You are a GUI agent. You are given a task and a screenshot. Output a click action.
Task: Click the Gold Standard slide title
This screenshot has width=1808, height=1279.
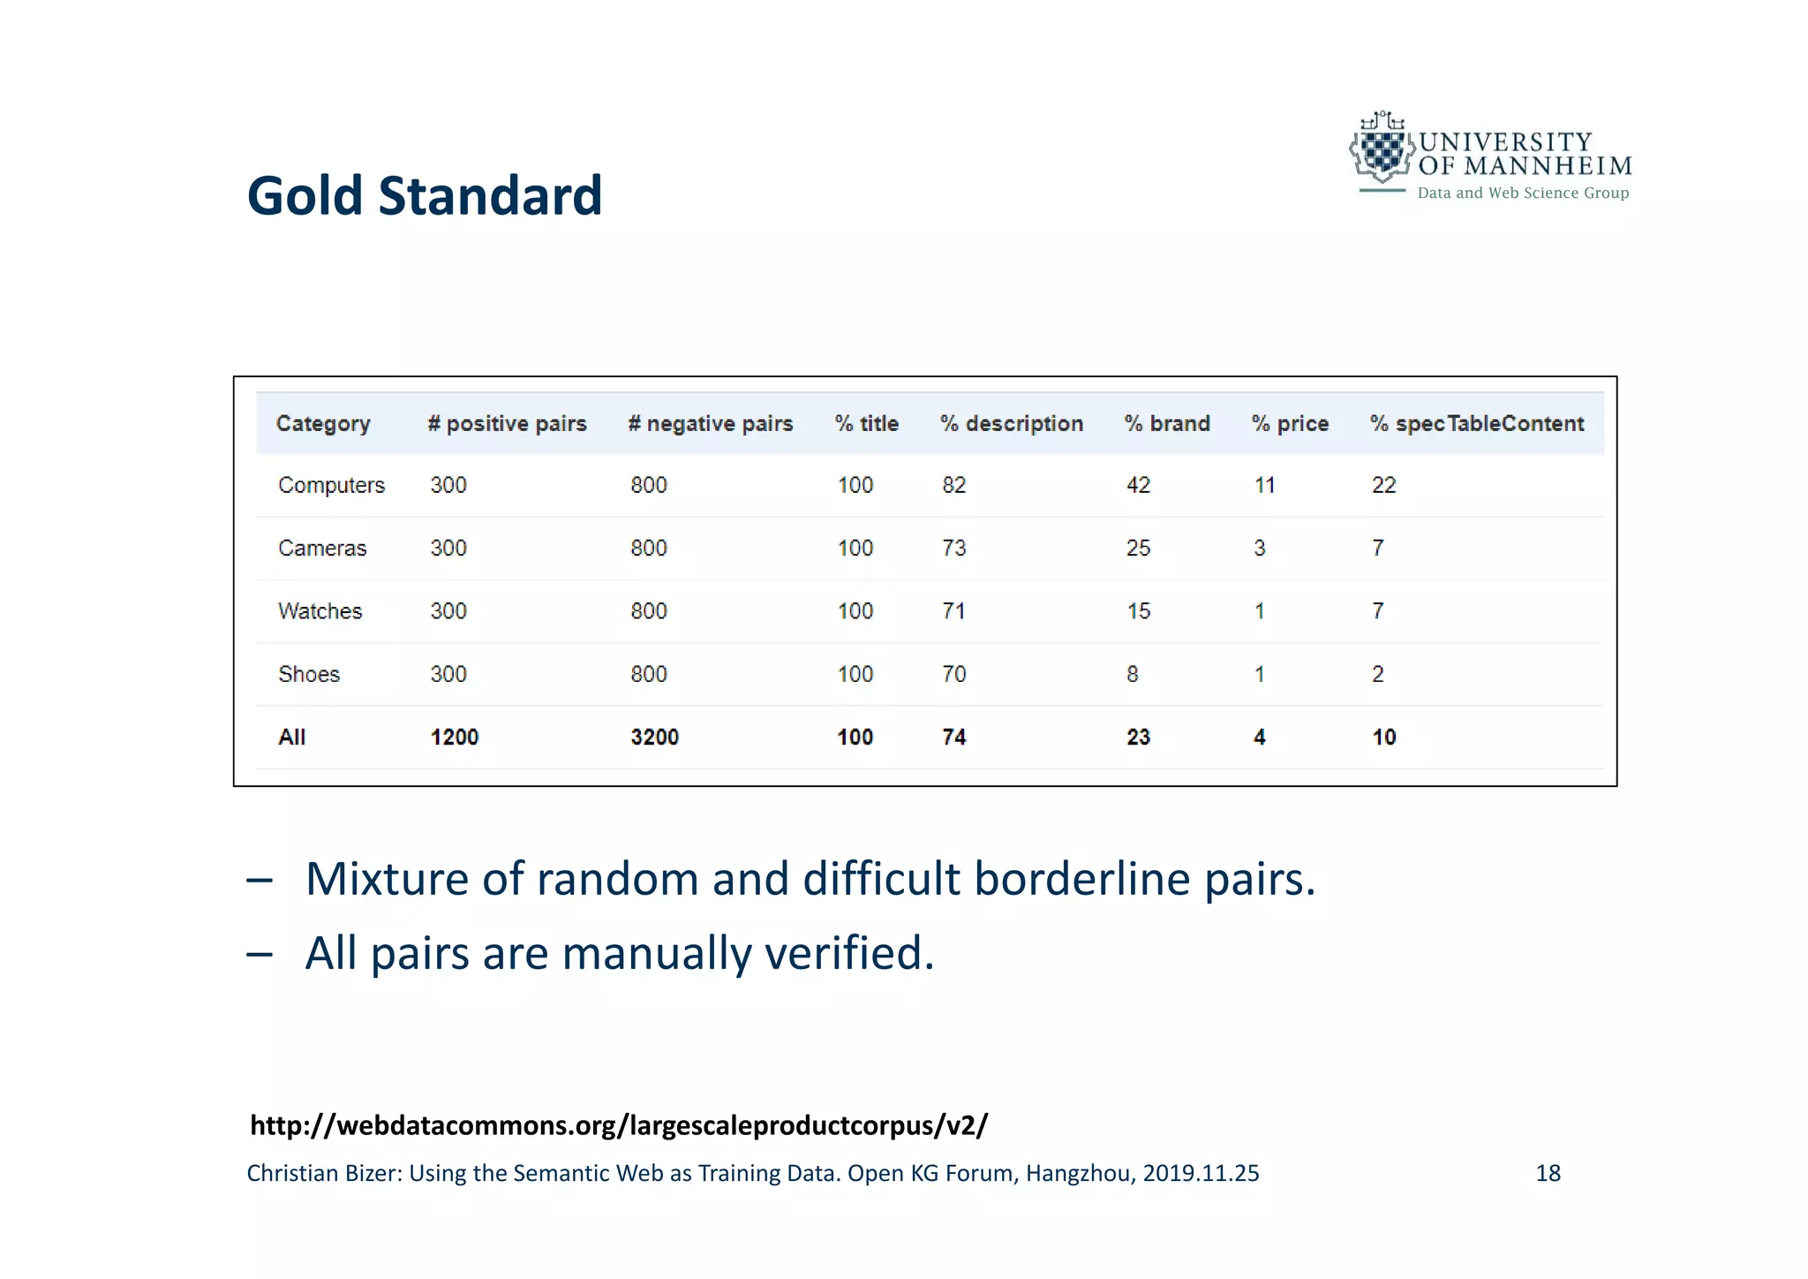coord(424,195)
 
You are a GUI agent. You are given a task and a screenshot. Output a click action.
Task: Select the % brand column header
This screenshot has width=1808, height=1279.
coord(1166,424)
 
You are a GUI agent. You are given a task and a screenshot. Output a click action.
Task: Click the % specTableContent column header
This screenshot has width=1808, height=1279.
coord(1476,424)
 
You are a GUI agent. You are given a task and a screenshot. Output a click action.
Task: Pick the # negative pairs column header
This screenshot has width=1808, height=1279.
coord(710,424)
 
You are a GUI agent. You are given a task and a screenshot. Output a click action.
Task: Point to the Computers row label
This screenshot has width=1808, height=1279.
coord(331,485)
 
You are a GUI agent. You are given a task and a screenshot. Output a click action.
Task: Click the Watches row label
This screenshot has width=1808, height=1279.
coord(320,611)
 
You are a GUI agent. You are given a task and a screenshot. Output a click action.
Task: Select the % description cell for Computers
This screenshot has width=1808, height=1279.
coord(953,485)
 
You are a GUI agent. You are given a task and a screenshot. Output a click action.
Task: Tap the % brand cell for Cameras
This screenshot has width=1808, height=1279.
coord(1138,549)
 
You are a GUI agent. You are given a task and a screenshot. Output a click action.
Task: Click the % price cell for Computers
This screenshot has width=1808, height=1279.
coord(1264,485)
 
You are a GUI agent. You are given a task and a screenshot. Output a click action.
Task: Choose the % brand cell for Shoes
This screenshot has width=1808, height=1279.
coord(1132,675)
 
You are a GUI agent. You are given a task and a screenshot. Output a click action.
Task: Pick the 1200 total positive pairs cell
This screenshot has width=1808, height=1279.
coord(454,738)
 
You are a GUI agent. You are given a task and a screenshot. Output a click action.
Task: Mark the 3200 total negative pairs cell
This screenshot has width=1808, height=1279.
coord(654,738)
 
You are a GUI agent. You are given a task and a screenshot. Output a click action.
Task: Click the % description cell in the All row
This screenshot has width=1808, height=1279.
coord(953,738)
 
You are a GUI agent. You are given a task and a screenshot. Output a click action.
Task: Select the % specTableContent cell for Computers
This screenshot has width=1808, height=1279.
coord(1383,485)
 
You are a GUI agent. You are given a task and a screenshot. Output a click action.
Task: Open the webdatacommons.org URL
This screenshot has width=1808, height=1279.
coord(618,1125)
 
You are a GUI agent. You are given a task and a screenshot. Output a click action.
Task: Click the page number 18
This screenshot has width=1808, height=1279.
coord(1548,1173)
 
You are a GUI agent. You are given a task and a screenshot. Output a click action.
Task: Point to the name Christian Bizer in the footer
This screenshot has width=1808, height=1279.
coord(323,1173)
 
